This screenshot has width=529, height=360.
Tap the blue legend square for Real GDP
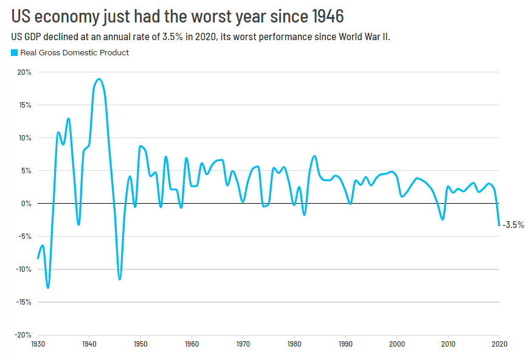pyautogui.click(x=15, y=53)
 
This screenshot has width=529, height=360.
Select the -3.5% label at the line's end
pyautogui.click(x=513, y=225)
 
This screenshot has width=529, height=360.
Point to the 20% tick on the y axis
pyautogui.click(x=25, y=72)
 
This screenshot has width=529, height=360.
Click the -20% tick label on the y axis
pyautogui.click(x=24, y=335)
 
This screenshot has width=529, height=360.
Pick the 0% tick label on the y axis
pyautogui.click(x=26, y=204)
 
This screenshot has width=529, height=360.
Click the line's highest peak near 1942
pyautogui.click(x=99, y=79)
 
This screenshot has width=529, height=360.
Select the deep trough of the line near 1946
pyautogui.click(x=120, y=279)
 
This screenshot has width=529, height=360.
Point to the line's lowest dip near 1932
pyautogui.click(x=48, y=288)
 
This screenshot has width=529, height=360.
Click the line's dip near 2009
pyautogui.click(x=443, y=220)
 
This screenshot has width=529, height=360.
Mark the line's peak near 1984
pyautogui.click(x=314, y=156)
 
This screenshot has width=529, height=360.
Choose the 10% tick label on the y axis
pyautogui.click(x=25, y=138)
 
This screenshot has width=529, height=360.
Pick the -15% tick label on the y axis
pyautogui.click(x=24, y=302)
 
